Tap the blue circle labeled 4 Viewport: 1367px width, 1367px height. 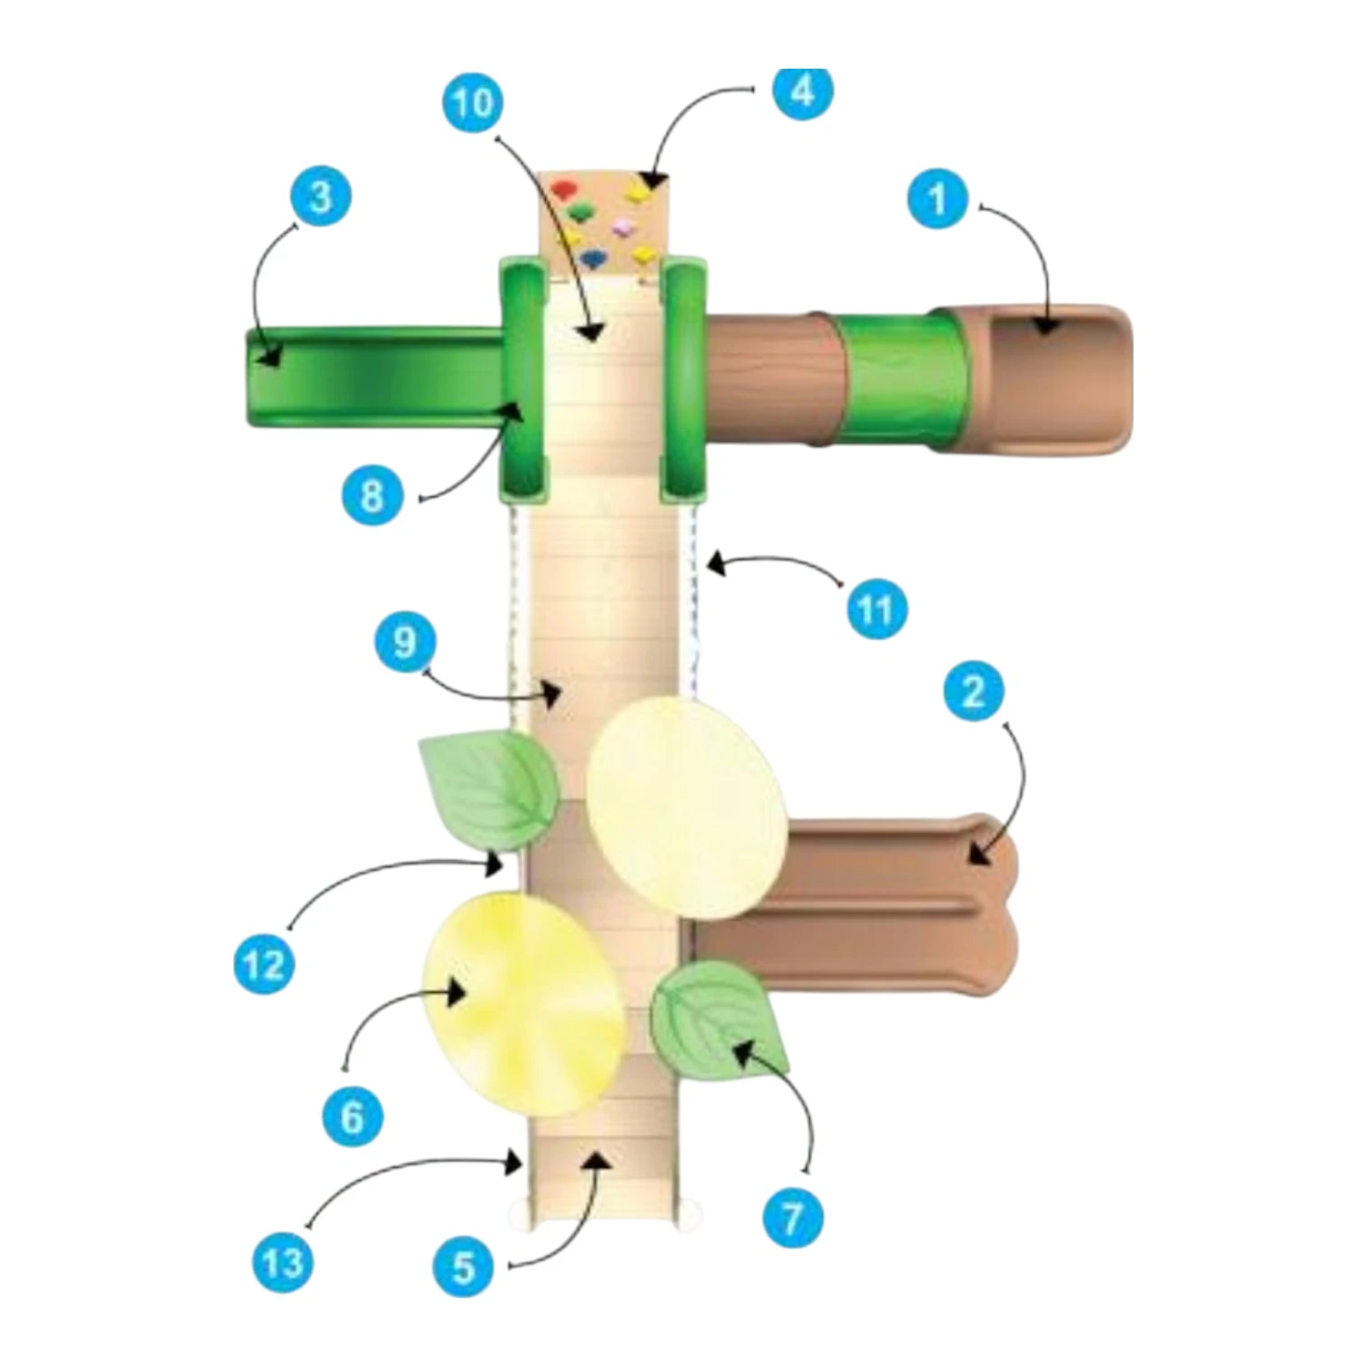pos(803,91)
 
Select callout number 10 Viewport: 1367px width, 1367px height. pos(473,104)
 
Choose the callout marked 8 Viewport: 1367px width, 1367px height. pos(372,495)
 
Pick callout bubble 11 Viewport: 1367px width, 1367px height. pos(875,609)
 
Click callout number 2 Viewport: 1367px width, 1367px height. pos(973,692)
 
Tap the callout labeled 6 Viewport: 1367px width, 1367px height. pos(353,1117)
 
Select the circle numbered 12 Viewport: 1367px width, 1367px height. pos(264,965)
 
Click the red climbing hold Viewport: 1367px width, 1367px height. pos(563,189)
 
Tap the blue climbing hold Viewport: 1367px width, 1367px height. pos(593,259)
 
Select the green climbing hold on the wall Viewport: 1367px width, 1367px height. pos(580,212)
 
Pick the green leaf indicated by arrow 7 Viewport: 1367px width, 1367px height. pos(719,1020)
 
